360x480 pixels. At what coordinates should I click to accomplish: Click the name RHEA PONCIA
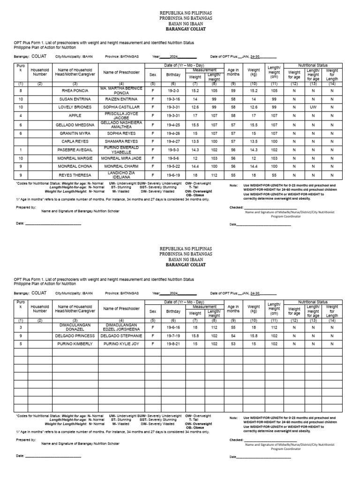pos(75,91)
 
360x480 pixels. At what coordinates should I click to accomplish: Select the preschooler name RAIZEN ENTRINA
pos(121,99)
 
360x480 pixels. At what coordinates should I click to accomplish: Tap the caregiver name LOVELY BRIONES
pos(75,108)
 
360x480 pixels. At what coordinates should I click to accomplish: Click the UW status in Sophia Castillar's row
pos(313,108)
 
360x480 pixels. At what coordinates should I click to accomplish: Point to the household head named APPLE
pos(75,116)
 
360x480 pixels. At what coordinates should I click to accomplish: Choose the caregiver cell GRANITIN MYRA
pos(75,133)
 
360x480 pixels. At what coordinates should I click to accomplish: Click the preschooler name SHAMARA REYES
pos(121,141)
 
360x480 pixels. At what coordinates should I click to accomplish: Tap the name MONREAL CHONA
pos(75,166)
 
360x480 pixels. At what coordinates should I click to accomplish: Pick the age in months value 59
pos(233,91)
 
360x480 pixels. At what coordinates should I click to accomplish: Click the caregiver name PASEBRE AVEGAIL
pos(75,150)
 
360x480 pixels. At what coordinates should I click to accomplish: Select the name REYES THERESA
pos(75,175)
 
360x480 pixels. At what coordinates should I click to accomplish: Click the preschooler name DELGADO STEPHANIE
pos(121,336)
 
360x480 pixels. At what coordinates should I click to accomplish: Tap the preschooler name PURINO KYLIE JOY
pos(121,344)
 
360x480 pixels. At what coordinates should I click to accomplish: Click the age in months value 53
pos(233,344)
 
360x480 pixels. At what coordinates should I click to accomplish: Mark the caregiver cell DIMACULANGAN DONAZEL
pos(75,327)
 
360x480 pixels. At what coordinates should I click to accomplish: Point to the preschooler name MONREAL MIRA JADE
pos(121,158)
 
